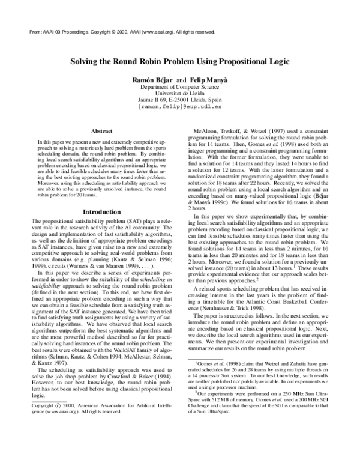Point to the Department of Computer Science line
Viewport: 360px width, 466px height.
tap(180, 88)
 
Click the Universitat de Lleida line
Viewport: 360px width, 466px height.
tap(180, 94)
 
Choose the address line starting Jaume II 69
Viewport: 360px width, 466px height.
tap(180, 101)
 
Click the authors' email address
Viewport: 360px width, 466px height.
tap(180, 108)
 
